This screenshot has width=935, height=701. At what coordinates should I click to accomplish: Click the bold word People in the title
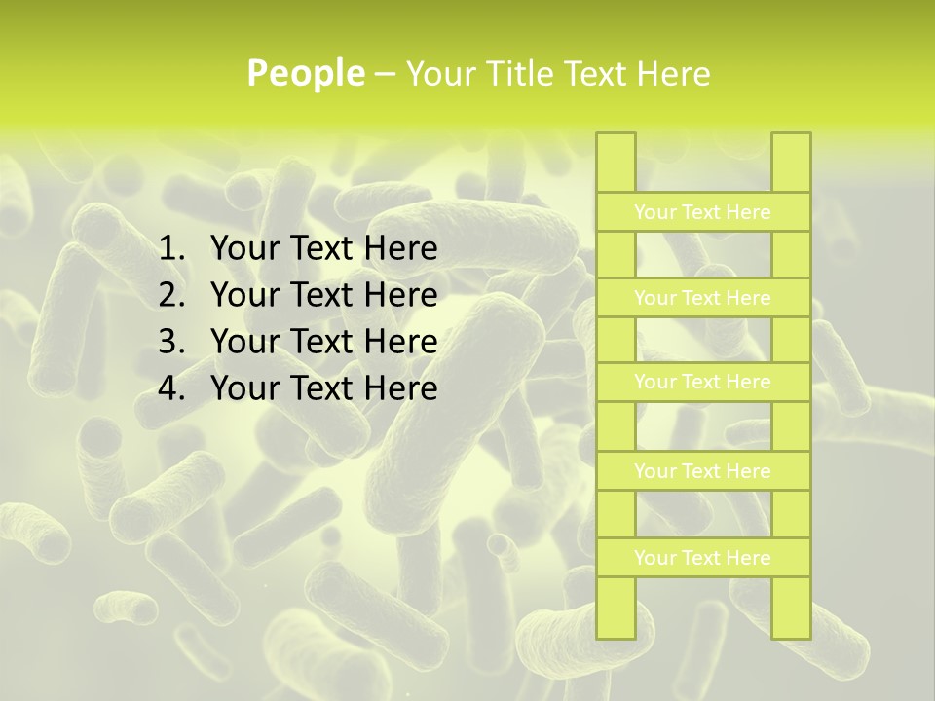(306, 74)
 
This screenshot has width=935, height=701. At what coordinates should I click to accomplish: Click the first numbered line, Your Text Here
(323, 249)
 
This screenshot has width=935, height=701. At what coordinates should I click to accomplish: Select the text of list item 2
(323, 295)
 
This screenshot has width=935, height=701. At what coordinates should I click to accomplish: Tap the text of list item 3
(323, 342)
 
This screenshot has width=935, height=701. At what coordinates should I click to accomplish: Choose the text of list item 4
(323, 388)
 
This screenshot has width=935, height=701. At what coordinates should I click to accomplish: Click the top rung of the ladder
(702, 212)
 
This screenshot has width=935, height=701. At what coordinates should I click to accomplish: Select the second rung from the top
(702, 298)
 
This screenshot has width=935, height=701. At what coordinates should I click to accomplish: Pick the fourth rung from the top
(702, 471)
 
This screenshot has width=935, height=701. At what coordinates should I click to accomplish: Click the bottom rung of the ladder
(702, 558)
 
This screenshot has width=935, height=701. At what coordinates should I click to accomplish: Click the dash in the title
(385, 75)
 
